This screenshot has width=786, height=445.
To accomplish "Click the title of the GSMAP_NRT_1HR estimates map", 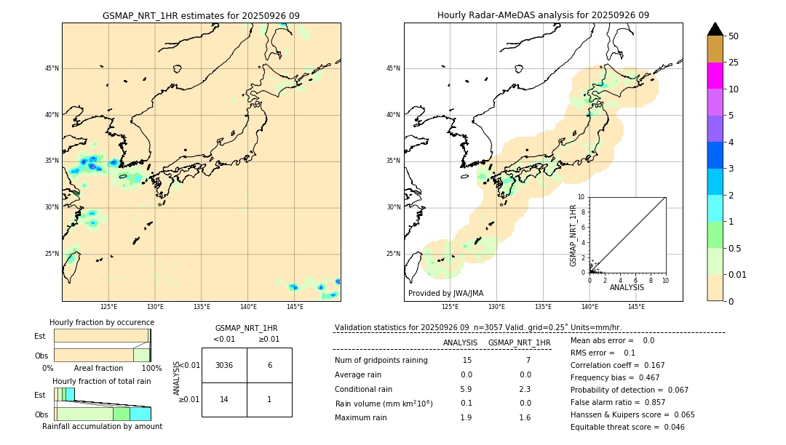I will (x=201, y=15).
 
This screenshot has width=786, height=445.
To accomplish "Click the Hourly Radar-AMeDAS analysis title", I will (x=543, y=15).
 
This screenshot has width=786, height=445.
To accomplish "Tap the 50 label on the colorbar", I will (x=734, y=36).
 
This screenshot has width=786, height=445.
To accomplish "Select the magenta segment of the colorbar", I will (x=715, y=76).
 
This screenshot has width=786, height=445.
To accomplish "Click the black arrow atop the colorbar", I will (x=715, y=29).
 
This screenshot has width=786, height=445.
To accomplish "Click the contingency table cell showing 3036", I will (x=224, y=365).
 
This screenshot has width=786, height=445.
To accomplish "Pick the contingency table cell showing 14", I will (x=224, y=399).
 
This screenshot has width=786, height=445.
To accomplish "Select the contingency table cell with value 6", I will (x=269, y=365).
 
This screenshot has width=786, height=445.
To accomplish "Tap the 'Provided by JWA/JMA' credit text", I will (x=445, y=293).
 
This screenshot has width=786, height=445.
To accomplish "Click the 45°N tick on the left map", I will (x=52, y=68).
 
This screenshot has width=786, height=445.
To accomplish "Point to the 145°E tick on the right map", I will (x=636, y=307).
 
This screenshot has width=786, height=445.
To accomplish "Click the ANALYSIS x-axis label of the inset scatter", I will (x=627, y=288).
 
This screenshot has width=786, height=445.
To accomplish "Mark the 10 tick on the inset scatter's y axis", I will (x=582, y=197).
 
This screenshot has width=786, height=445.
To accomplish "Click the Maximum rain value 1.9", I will (x=466, y=417).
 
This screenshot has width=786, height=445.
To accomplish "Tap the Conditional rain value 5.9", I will (x=466, y=388).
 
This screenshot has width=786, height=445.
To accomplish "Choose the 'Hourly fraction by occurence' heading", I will (x=102, y=322).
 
